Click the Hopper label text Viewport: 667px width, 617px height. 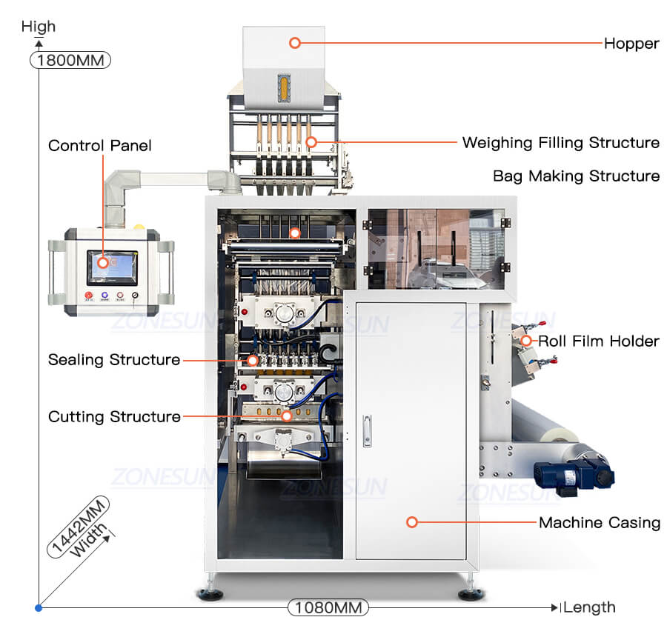pos(631,43)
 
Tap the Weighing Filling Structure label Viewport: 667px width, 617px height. pos(560,142)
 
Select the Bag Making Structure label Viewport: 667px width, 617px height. pos(576,176)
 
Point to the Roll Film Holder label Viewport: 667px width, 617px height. pos(598,341)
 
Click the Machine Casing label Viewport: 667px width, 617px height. pos(599,523)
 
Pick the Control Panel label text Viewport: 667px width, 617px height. pos(99,145)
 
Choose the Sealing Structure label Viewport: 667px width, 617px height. pos(114,360)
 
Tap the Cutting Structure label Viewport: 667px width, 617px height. pos(114,417)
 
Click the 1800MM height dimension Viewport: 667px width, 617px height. pos(70,60)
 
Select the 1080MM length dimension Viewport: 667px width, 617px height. pos(328,607)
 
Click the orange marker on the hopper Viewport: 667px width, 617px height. pos(295,43)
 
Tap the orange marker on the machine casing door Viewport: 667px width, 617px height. pos(412,522)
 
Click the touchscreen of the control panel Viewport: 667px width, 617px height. pos(112,267)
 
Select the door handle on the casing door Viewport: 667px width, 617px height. pos(367,430)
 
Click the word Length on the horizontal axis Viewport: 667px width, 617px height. pos(590,607)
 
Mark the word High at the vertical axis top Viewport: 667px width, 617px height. pos(39,27)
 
